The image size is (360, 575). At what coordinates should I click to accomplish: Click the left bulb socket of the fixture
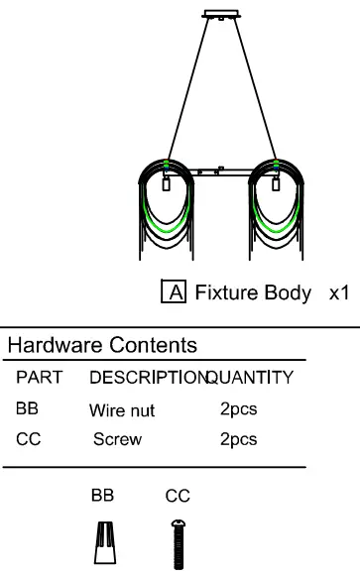coord(167,184)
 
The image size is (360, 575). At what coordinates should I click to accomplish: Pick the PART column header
coord(40,378)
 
